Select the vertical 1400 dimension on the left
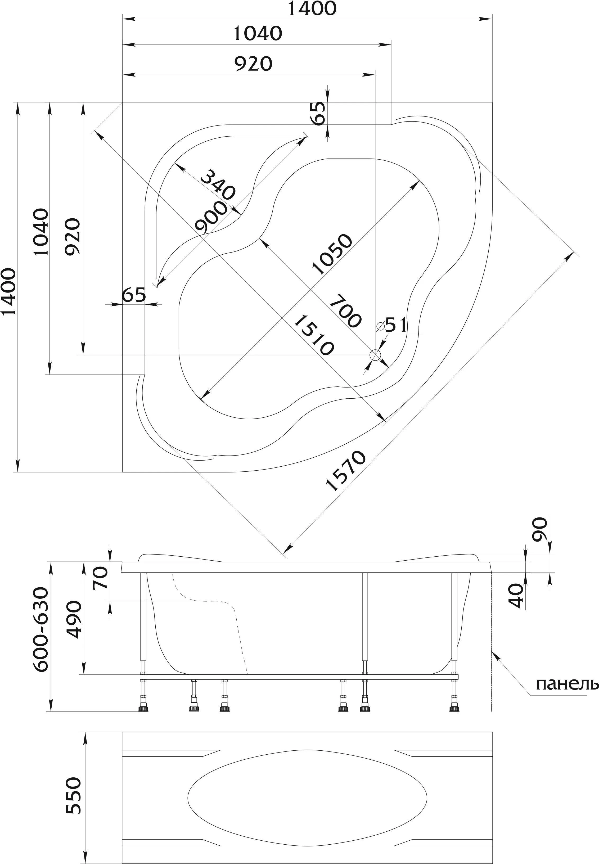9,292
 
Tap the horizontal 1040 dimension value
258,34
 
